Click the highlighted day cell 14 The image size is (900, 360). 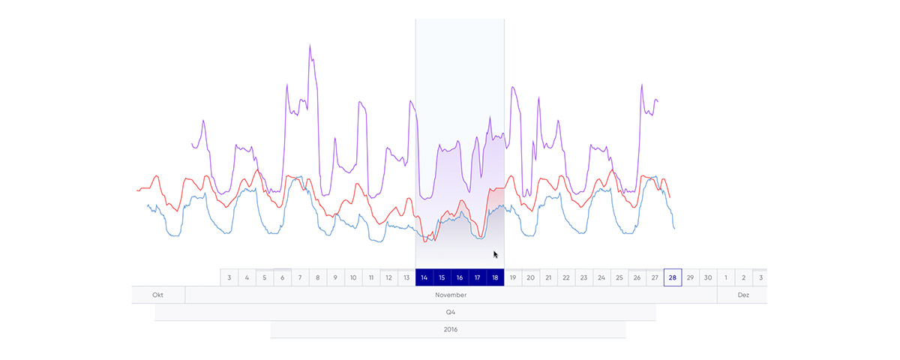[424, 277]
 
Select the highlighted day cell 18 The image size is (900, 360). [495, 277]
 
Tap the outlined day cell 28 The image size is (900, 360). [673, 277]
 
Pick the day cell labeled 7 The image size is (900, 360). [300, 277]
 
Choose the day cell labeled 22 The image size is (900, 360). [566, 277]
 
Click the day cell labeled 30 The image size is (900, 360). [708, 277]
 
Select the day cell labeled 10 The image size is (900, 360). [353, 277]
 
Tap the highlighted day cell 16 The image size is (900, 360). [460, 277]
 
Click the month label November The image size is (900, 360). [451, 295]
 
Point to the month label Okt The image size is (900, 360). [158, 295]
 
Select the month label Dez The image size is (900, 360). [743, 295]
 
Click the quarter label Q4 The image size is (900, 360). [450, 312]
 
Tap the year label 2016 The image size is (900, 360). [450, 329]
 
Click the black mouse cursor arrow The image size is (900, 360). [495, 254]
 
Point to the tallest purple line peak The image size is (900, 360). [310, 46]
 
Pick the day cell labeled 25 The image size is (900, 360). [619, 277]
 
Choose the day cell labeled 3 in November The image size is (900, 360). [229, 277]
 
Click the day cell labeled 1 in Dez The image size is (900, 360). [726, 277]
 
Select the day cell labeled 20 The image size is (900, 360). [530, 277]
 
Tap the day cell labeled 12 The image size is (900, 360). [388, 277]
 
